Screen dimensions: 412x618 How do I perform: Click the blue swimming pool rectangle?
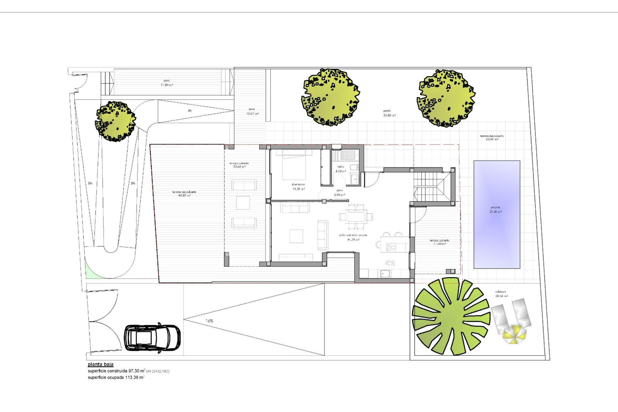pos(497,214)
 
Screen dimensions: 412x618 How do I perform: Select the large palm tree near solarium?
pos(451,317)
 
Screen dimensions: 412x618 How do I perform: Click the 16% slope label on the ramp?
pos(209,321)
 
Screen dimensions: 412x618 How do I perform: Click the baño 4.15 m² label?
pos(341,169)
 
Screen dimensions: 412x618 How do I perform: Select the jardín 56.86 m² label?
pos(389,113)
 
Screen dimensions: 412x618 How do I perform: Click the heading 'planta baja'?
pos(100,364)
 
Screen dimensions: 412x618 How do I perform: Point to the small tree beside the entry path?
pos(115,121)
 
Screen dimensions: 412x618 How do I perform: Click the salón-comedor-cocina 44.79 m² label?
pos(353,237)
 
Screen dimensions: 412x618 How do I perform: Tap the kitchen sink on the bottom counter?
pos(385,273)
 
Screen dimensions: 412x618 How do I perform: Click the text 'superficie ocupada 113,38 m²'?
pos(116,377)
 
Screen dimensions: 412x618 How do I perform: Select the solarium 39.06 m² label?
pos(501,294)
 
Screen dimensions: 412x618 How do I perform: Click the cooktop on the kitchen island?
pos(391,247)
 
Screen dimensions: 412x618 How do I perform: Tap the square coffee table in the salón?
pos(296,236)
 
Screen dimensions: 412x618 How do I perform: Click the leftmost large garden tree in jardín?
pos(331,97)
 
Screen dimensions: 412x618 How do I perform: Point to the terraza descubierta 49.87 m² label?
pos(184,193)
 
